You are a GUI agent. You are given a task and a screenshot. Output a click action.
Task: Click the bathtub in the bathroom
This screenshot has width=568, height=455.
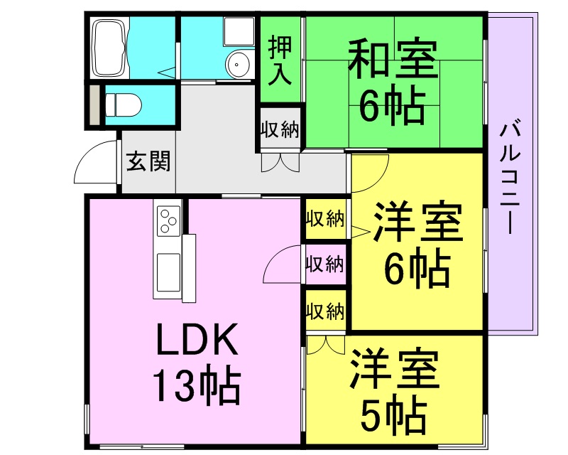point(110,48)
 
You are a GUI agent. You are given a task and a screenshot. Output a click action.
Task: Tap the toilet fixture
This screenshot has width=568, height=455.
point(122,105)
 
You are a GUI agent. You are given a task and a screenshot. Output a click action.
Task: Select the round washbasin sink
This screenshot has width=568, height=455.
point(237,65)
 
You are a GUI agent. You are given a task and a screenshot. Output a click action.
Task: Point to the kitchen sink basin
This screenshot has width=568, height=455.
point(168,269)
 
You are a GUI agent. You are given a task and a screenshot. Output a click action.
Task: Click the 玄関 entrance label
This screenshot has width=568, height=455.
point(148,161)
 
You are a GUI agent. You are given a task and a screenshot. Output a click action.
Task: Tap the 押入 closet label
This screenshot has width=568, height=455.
point(280,60)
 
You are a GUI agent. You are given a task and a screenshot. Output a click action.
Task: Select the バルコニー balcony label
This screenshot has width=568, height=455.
point(510,179)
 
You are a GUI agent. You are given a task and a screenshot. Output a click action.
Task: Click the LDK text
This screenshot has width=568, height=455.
point(197,339)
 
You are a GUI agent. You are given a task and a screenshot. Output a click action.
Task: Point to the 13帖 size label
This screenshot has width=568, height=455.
point(197,387)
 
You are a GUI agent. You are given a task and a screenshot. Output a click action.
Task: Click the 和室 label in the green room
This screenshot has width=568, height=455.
point(393,59)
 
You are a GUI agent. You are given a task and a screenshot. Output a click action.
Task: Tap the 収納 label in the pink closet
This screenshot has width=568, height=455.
point(325,264)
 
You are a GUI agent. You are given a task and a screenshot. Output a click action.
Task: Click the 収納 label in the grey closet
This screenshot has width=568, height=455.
point(280,129)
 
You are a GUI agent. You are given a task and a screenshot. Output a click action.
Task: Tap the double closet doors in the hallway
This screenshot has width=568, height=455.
point(280,163)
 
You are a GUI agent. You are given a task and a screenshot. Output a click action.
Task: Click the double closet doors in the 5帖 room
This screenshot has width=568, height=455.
point(326,345)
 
